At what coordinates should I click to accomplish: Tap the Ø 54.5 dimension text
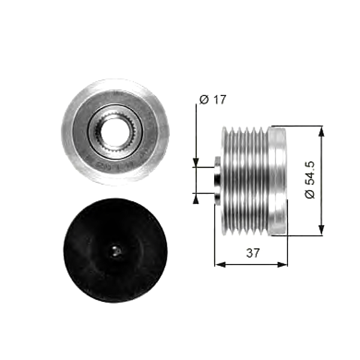[310, 179]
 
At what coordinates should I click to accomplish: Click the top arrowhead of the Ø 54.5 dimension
[322, 130]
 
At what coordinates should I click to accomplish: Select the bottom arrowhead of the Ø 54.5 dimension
[322, 230]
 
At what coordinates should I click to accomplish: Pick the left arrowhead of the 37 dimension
[218, 264]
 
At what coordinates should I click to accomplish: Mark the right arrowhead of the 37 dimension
[284, 264]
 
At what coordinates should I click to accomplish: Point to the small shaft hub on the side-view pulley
[218, 179]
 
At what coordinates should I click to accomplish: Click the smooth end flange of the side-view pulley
[277, 180]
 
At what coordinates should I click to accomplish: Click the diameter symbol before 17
[203, 100]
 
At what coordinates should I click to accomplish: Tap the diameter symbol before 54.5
[310, 194]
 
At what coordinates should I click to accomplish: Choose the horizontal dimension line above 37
[251, 264]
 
